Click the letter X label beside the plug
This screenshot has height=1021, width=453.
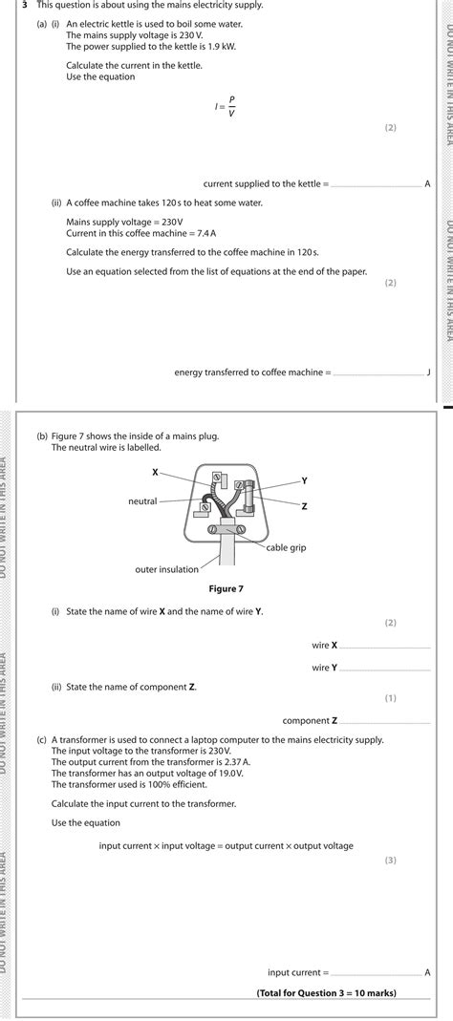tap(155, 472)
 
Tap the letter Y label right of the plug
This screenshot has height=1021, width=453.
tap(304, 480)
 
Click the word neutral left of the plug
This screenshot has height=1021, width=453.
tap(142, 501)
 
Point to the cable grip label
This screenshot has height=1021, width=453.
tap(286, 547)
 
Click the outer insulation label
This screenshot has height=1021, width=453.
tap(167, 569)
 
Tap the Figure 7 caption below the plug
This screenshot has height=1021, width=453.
tap(226, 588)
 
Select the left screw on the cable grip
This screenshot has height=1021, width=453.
tap(211, 531)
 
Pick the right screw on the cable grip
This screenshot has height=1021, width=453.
tap(241, 531)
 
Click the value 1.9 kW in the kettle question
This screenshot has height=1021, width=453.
tap(223, 47)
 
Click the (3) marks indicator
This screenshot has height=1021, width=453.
tap(391, 861)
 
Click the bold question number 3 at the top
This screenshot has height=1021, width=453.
tap(24, 5)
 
